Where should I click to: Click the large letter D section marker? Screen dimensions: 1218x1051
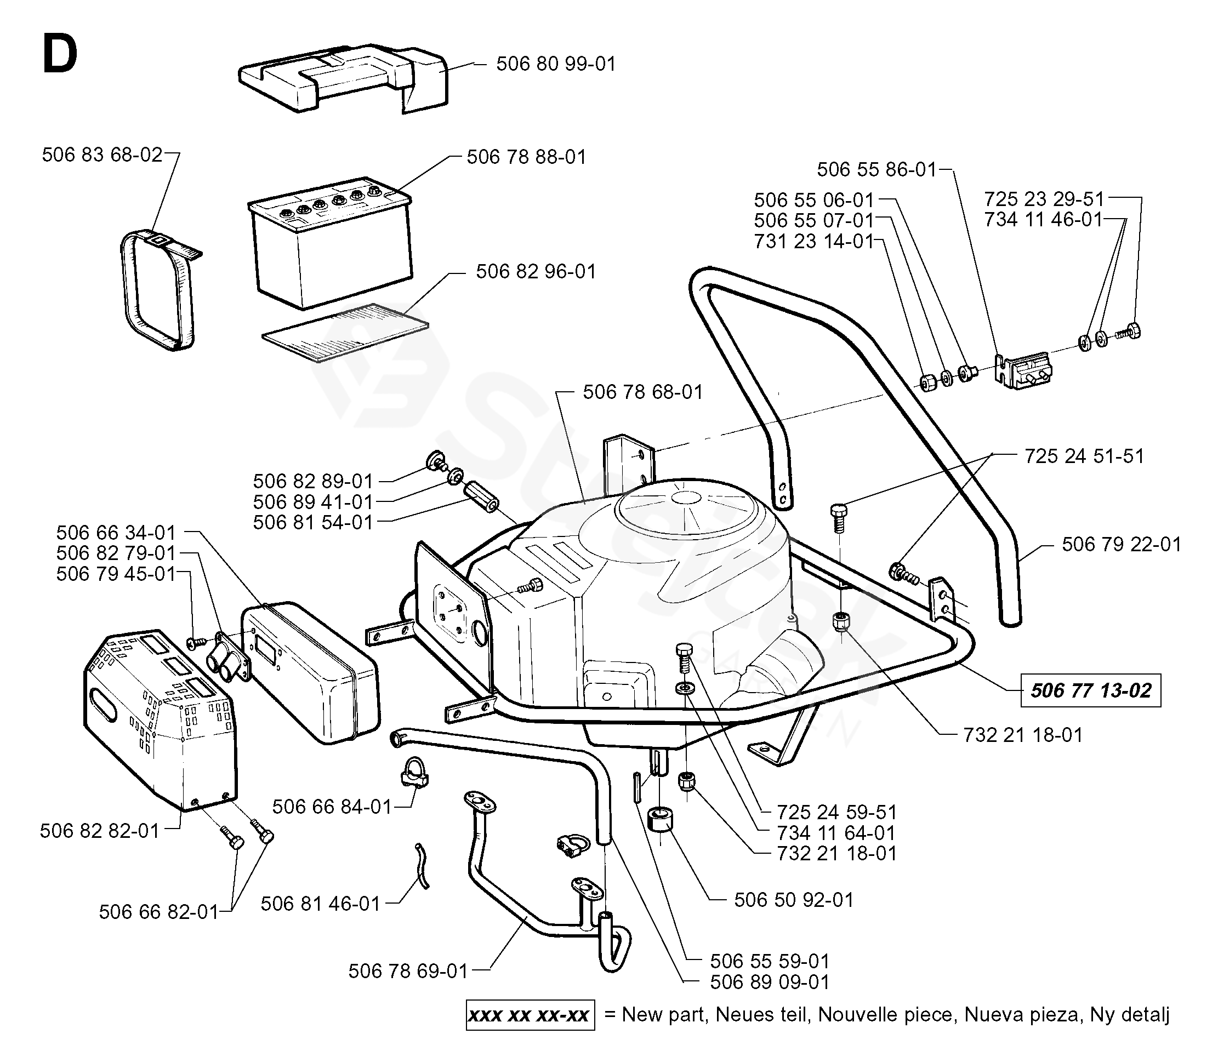[x=59, y=54]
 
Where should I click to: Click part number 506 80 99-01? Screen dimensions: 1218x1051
[x=555, y=64]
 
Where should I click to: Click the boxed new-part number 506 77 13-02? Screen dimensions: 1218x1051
[x=1090, y=690]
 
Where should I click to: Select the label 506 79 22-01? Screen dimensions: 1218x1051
[x=1121, y=544]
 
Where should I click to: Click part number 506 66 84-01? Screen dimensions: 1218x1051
[x=332, y=807]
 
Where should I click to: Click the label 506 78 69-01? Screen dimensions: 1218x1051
[x=408, y=971]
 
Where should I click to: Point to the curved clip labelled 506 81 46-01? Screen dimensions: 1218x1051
[x=422, y=865]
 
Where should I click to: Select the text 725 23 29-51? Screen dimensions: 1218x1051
[x=1044, y=198]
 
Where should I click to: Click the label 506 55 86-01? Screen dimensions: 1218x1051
[x=876, y=169]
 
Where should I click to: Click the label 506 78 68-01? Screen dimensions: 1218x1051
[x=642, y=392]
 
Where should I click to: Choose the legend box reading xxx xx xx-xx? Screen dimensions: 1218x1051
[x=530, y=1015]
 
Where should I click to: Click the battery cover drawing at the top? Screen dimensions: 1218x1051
[x=343, y=76]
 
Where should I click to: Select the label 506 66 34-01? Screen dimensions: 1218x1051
[x=116, y=532]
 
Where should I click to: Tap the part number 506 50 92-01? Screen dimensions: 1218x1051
[x=794, y=899]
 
